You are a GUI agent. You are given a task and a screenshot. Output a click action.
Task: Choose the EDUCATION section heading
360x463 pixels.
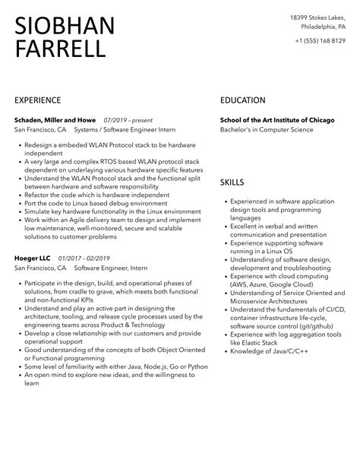click(x=242, y=100)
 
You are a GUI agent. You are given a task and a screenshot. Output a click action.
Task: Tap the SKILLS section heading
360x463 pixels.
click(x=232, y=182)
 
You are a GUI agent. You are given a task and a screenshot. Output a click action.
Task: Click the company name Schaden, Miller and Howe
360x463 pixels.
click(x=55, y=119)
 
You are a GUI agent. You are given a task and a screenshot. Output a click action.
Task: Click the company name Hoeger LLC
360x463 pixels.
click(x=31, y=258)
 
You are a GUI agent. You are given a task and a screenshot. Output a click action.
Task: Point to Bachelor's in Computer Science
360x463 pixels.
click(x=266, y=129)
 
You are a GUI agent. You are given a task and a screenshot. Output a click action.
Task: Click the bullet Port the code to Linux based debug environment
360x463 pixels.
click(x=95, y=204)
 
